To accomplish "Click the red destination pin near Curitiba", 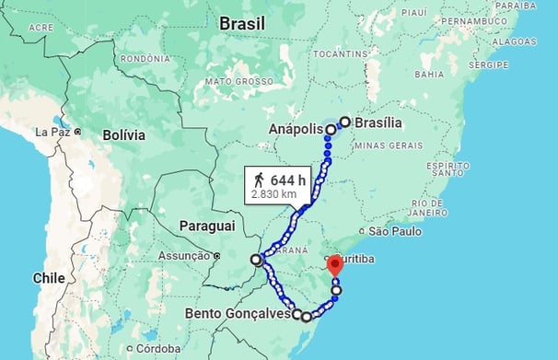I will [335, 265].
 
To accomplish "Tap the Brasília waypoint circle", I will [345, 122].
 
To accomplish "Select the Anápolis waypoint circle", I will [330, 129].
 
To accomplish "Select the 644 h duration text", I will [287, 180].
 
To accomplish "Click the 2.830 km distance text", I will [273, 194].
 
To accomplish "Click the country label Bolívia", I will [123, 134].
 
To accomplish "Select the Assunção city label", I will [185, 255].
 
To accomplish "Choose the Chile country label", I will [48, 277].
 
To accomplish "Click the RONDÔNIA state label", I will [145, 59].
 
